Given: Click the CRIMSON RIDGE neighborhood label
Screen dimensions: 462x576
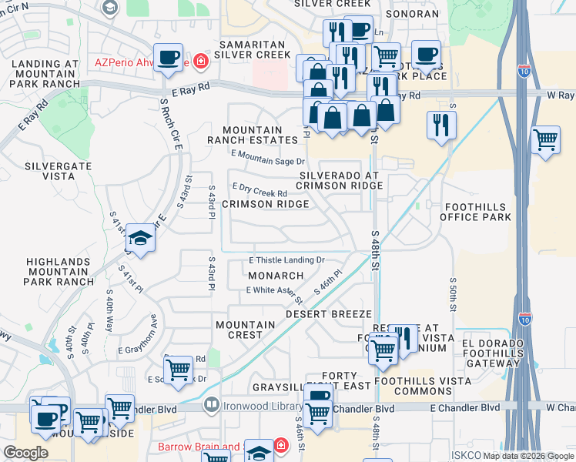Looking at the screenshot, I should [266, 204].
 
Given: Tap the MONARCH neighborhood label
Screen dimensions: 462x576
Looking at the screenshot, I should [276, 275].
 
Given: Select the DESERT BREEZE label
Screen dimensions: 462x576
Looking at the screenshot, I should [329, 315].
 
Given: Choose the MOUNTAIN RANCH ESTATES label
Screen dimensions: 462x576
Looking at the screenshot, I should [252, 135].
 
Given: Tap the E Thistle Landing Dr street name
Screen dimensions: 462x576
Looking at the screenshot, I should [286, 261].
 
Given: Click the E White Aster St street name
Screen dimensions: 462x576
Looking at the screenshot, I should [274, 290].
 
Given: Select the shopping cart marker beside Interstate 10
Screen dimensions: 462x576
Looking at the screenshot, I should [545, 140].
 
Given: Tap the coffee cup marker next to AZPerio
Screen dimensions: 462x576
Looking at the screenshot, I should [168, 58].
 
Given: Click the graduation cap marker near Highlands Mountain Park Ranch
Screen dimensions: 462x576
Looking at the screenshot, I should [141, 239].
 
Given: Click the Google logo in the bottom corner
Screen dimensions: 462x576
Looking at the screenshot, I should [25, 453].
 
